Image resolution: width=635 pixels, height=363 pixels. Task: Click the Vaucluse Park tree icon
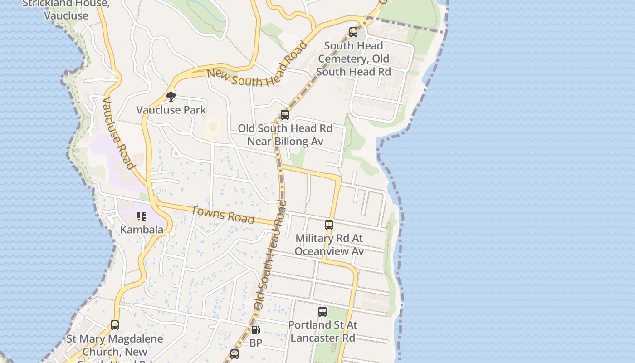coord(171,97)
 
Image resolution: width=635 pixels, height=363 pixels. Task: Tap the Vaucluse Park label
coord(171,110)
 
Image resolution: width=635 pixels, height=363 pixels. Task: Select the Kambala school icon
coord(142,216)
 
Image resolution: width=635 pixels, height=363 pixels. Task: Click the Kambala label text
coord(142,230)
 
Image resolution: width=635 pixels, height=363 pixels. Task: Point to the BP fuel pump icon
coord(256,330)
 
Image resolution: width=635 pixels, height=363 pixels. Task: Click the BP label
coord(256,343)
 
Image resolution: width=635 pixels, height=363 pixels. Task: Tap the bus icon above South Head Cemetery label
coord(353,32)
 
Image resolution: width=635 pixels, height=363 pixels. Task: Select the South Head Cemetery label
coord(353,59)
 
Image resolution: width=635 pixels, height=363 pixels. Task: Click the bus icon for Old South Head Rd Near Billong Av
coord(285,115)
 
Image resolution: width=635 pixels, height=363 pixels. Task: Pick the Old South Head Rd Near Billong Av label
coord(285,135)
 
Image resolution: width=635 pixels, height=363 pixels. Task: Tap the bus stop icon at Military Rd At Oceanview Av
coord(329,225)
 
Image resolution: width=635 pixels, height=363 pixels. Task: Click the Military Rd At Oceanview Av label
coord(329,245)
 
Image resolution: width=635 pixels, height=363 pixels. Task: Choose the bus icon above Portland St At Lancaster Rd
coord(322,312)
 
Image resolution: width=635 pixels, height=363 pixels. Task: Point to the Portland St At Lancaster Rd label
coord(322,332)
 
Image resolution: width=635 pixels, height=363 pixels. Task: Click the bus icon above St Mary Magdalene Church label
coord(115,325)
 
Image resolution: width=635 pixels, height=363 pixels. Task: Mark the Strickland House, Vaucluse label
coord(66,10)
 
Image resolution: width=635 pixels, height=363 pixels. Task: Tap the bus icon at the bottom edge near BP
coord(234,354)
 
